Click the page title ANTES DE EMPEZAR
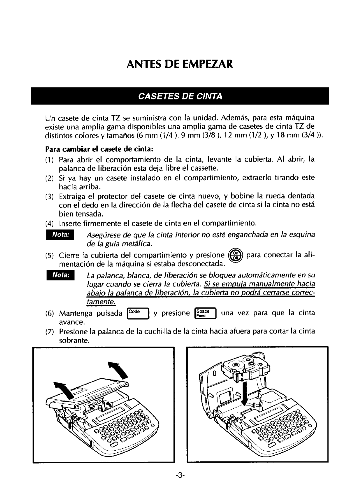tap(180, 64)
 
